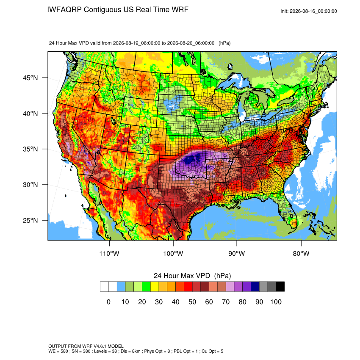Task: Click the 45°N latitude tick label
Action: tap(30, 78)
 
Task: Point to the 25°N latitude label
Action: tap(30, 220)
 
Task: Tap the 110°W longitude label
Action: tap(109, 253)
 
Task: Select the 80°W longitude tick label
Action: tap(301, 253)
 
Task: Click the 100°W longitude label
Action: tap(173, 253)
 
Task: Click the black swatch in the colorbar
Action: tap(280, 287)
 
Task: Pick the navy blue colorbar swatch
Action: tap(255, 287)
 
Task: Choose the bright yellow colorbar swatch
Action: tap(155, 287)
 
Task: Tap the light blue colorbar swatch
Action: tap(121, 287)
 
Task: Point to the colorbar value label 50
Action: tap(192, 302)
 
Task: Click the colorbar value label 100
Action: tap(276, 302)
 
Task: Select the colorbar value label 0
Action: tap(108, 302)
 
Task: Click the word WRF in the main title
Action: tap(181, 10)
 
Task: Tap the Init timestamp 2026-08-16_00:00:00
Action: tap(313, 11)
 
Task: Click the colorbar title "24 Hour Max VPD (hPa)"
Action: tap(192, 276)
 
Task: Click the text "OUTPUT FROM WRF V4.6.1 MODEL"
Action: tap(86, 346)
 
